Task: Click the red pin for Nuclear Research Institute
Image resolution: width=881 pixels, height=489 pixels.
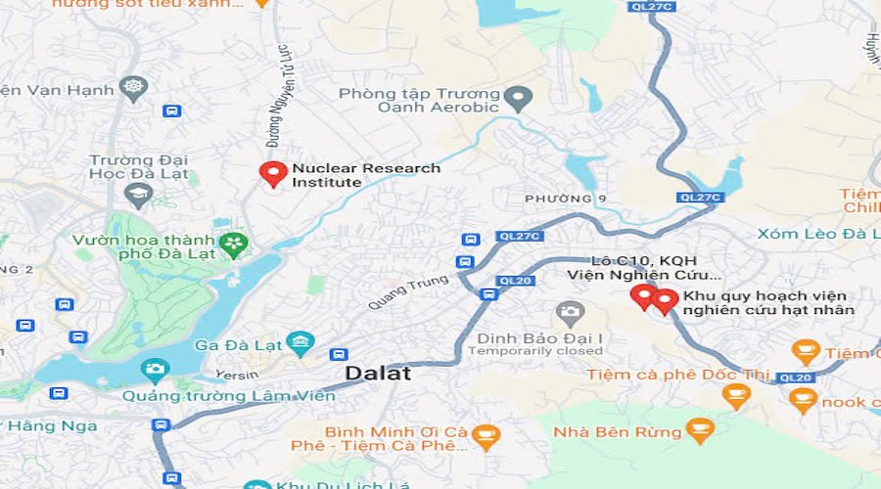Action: [x=273, y=174]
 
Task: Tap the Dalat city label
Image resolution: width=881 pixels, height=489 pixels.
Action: [x=378, y=374]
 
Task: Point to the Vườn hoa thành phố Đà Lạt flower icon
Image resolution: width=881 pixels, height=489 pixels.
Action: [x=234, y=244]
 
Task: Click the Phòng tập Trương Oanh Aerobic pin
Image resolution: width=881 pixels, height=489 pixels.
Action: [x=522, y=98]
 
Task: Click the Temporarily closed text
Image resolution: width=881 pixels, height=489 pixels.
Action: [x=539, y=351]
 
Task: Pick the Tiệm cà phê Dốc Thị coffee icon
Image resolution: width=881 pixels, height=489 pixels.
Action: [x=735, y=396]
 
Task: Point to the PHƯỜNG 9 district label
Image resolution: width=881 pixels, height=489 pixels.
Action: [x=566, y=200]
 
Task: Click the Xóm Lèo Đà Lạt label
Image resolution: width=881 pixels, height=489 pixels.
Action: [x=818, y=234]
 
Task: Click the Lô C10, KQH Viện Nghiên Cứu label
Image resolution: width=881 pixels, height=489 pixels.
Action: [x=644, y=268]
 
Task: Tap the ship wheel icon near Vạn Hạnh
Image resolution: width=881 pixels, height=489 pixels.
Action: [x=134, y=89]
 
